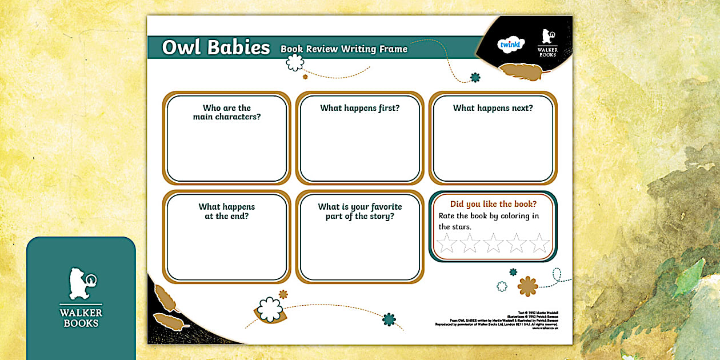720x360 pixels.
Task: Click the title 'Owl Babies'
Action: click(x=215, y=47)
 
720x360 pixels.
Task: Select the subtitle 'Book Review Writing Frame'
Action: click(x=343, y=49)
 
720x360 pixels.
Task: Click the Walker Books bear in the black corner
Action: click(x=547, y=38)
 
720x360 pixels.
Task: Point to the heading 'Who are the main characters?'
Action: click(x=227, y=112)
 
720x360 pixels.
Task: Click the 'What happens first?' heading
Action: click(x=359, y=108)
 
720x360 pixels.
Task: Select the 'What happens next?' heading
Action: click(x=493, y=108)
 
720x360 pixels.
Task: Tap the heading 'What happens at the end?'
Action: click(x=227, y=211)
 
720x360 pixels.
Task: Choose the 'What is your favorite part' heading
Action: click(x=359, y=211)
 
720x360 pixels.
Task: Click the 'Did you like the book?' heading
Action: click(x=493, y=204)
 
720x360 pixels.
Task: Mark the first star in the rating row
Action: click(x=446, y=243)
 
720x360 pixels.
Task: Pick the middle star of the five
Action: click(x=493, y=243)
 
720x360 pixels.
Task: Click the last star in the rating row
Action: click(x=539, y=243)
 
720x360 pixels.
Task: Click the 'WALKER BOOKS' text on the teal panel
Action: click(x=81, y=318)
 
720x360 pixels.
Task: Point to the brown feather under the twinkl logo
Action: click(x=520, y=71)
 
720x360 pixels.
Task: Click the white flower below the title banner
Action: click(x=295, y=62)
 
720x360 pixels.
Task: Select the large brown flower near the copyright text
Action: click(x=527, y=286)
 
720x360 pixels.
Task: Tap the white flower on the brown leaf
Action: click(x=269, y=309)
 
